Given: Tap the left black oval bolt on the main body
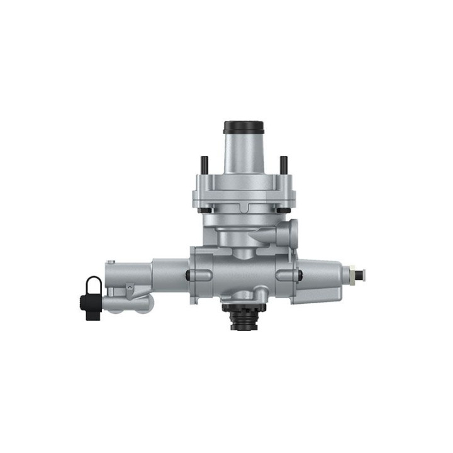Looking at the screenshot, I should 190,274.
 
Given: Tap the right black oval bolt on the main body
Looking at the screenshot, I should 298,274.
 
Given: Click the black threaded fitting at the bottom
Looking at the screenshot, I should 242,318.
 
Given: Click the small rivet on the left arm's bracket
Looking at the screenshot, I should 129,288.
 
